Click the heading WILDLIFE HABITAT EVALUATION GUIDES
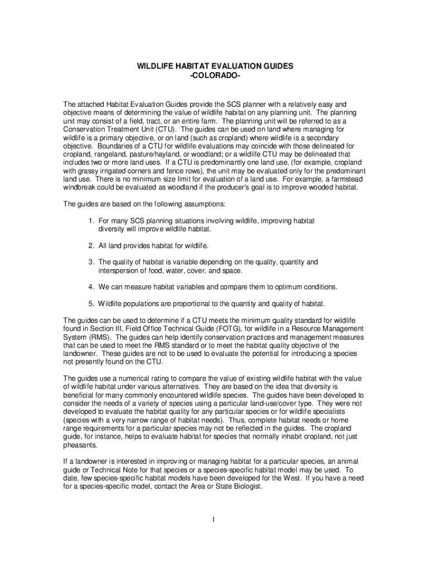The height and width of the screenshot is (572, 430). pyautogui.click(x=215, y=66)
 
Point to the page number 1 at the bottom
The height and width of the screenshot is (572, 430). pyautogui.click(x=213, y=519)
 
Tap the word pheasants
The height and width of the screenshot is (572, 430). pyautogui.click(x=80, y=446)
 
